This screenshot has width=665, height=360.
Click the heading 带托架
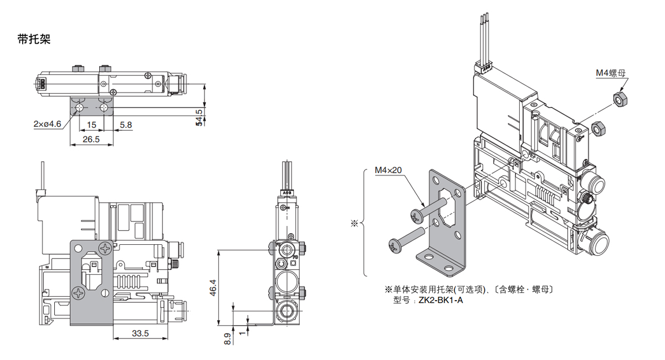point(34,40)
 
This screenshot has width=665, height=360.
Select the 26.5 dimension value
point(91,140)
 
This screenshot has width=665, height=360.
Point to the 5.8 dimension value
point(126,125)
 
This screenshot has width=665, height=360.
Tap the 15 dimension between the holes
point(91,125)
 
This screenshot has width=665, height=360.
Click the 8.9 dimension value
point(227,338)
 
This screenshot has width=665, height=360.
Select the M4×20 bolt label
point(388,171)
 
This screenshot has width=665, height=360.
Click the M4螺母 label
point(611,73)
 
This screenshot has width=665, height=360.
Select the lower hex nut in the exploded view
point(598,129)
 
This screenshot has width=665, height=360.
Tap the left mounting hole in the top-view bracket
point(81,107)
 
